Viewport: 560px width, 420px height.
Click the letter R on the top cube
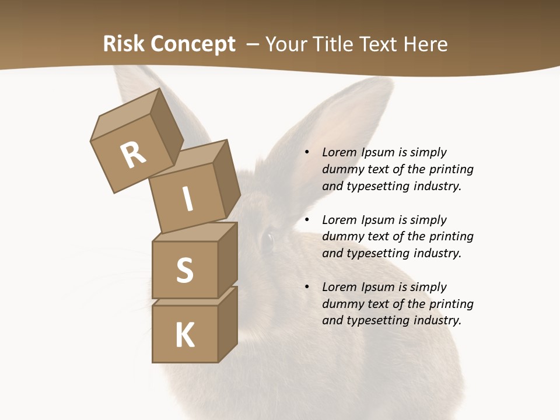coord(133,155)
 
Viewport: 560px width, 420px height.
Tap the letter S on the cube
coord(184,271)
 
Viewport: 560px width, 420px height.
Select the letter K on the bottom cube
coord(185,335)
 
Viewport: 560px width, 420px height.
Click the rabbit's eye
coord(268,238)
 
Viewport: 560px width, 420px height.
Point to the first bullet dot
coord(307,153)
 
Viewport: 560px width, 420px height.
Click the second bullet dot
coord(307,220)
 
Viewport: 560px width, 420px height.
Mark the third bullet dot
coord(307,288)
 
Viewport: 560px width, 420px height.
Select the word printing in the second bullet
coord(451,237)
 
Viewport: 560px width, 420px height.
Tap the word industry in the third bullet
coord(437,320)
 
